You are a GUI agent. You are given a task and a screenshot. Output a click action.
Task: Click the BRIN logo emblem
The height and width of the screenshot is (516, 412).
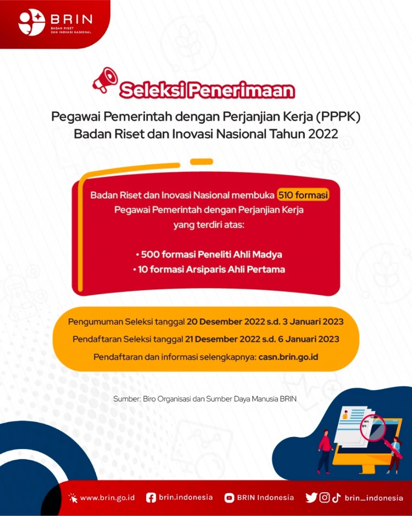[32, 22]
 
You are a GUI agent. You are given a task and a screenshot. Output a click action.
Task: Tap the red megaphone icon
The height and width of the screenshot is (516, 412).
[105, 80]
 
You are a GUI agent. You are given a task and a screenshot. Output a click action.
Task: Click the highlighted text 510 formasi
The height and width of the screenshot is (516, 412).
[303, 195]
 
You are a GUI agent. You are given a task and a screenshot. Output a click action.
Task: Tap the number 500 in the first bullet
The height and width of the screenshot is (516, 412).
[150, 254]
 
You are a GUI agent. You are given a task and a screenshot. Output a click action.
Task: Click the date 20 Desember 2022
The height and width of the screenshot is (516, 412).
[225, 322]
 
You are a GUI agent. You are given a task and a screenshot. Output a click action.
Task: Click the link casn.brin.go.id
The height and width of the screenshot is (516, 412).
[288, 357]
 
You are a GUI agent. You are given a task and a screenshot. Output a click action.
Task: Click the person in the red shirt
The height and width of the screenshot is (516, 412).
[325, 451]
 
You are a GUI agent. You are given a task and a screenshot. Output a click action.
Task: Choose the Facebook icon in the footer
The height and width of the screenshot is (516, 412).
[151, 498]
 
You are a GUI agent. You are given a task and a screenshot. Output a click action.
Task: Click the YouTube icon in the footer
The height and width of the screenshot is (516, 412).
[229, 498]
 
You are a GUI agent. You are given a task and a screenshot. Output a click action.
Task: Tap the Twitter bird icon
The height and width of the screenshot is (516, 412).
[311, 498]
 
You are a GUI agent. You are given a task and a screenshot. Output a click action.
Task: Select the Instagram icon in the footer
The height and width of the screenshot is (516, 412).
[324, 498]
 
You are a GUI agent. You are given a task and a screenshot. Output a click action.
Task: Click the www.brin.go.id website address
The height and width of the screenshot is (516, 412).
[107, 498]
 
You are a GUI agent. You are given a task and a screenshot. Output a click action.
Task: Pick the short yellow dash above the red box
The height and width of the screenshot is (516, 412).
[202, 161]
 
